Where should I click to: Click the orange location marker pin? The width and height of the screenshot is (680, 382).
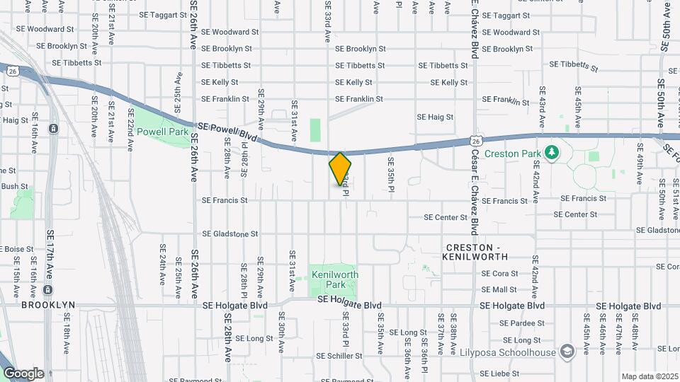coord(340,169)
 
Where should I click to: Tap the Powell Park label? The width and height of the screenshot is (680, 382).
coord(162,132)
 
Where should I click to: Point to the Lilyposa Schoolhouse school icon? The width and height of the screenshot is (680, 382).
coord(567,351)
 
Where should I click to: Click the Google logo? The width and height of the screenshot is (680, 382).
coord(23,373)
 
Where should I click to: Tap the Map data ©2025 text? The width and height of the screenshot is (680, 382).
coord(649,376)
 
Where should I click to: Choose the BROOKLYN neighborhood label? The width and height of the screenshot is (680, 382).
coord(48,305)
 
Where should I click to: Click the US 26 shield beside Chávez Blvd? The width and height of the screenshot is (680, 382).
coord(477,141)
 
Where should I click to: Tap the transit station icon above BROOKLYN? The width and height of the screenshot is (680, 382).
coord(47,289)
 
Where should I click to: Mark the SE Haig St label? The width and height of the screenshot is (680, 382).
coord(434,117)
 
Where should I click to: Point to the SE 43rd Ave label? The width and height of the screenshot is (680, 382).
coord(542,106)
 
